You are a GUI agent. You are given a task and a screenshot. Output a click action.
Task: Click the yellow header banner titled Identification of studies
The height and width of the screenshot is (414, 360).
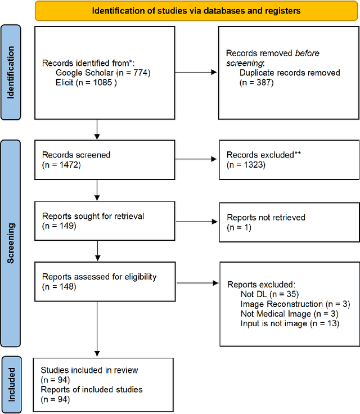pyautogui.click(x=196, y=10)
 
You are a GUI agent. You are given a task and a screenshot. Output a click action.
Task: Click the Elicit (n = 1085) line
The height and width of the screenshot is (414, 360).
pyautogui.click(x=85, y=82)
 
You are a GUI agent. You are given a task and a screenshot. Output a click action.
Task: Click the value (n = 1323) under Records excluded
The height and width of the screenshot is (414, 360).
pyautogui.click(x=245, y=164)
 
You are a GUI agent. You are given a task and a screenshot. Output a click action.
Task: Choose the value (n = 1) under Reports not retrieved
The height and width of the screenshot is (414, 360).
pyautogui.click(x=239, y=227)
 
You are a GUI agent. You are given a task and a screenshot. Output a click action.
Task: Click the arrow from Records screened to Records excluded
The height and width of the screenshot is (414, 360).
pyautogui.click(x=195, y=159)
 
